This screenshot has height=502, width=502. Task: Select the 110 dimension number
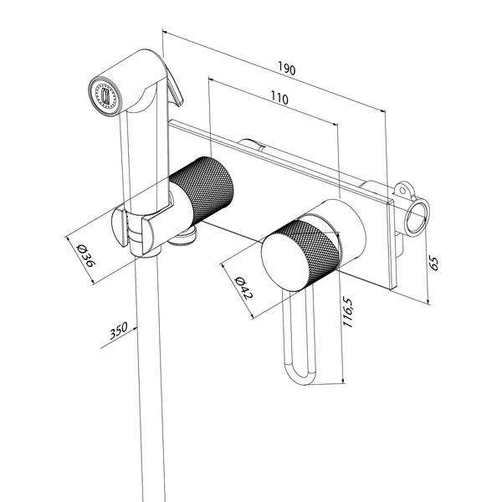click(x=279, y=99)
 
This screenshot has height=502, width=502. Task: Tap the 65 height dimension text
click(x=433, y=262)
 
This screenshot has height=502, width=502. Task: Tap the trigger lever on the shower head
click(x=172, y=84)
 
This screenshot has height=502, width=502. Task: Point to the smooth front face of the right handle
click(x=280, y=263)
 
